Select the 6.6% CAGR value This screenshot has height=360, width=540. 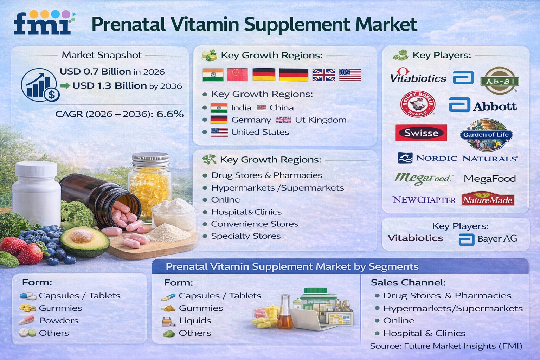tap(170, 114)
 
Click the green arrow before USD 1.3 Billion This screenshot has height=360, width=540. tap(65, 85)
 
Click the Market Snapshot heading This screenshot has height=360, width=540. tap(102, 55)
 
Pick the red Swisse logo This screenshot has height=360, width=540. tap(421, 133)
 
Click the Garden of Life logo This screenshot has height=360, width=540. tap(486, 135)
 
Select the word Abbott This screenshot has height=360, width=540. tap(495, 107)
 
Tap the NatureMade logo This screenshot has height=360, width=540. tap(488, 200)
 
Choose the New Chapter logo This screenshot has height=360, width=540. tap(424, 200)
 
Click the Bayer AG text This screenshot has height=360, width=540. tap(497, 239)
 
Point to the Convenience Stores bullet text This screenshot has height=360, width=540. tap(255, 224)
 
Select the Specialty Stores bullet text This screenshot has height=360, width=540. tap(246, 236)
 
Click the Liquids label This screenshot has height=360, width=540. tap(195, 321)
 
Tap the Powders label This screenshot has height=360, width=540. tap(59, 321)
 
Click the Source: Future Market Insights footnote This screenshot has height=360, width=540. tap(446, 346)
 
